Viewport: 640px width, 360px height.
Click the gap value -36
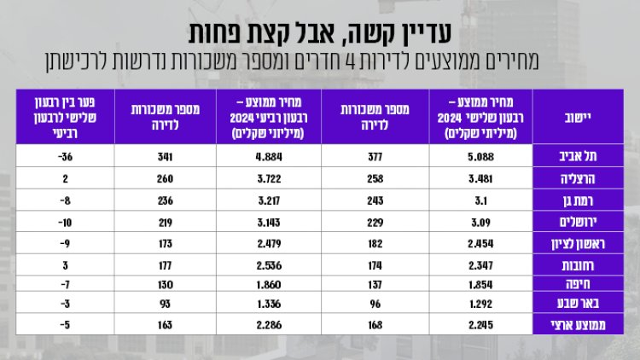coord(59,156)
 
